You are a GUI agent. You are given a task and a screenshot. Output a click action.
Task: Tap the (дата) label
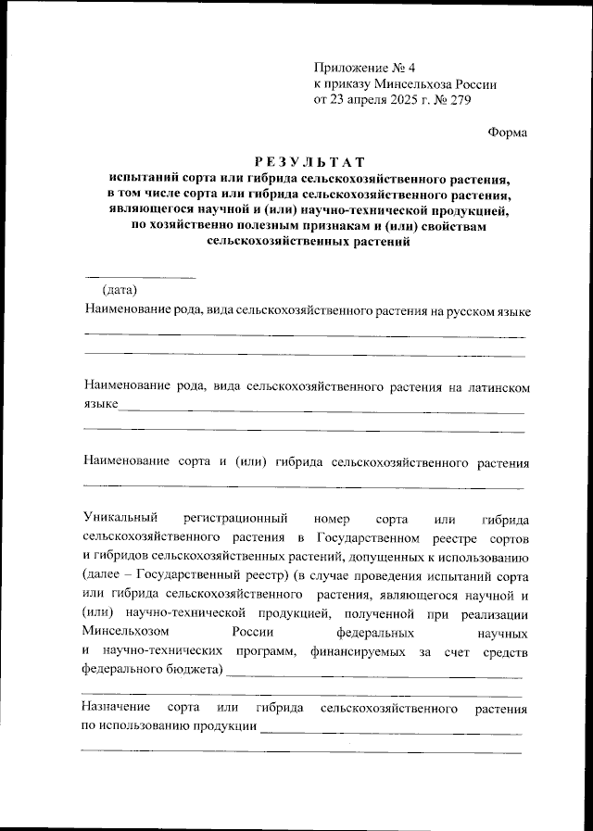(x=120, y=291)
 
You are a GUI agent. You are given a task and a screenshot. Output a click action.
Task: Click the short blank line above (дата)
(x=140, y=276)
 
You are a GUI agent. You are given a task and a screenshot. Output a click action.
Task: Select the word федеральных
(x=378, y=634)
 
